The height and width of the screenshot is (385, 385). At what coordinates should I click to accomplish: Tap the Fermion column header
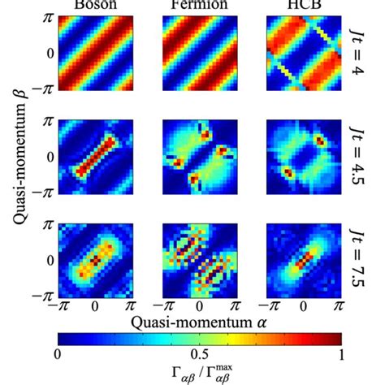tap(195, 4)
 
